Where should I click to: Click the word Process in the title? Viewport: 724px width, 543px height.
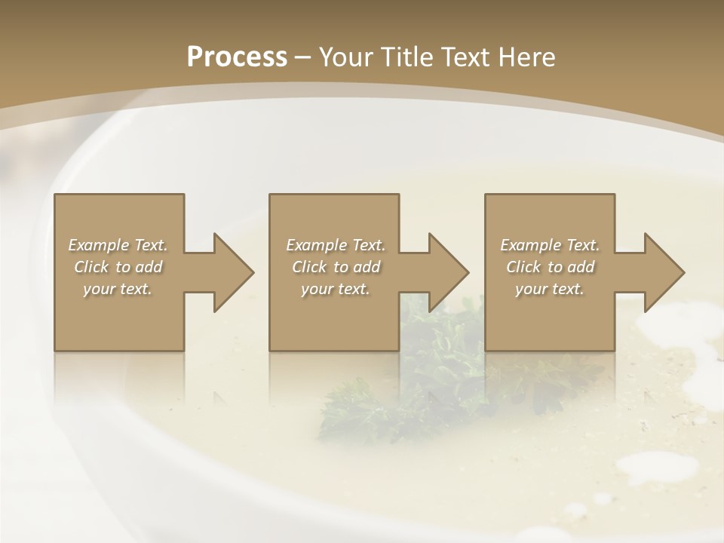tap(237, 57)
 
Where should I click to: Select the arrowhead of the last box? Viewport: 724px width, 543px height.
tap(663, 273)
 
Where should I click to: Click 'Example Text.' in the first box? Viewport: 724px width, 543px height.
tap(118, 245)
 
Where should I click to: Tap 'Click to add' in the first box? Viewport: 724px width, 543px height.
tap(118, 267)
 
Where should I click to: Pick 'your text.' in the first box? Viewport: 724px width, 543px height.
tap(118, 289)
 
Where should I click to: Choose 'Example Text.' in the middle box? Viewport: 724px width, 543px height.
tap(336, 245)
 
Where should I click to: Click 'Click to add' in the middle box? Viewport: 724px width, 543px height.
tap(336, 267)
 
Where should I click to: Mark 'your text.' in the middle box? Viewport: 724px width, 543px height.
tap(336, 289)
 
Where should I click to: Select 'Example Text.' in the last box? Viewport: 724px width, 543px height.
tap(550, 245)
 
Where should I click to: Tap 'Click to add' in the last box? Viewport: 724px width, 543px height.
tap(550, 267)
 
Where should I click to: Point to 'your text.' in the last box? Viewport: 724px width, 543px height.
tap(550, 289)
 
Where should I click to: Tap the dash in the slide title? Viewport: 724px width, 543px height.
tap(303, 58)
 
